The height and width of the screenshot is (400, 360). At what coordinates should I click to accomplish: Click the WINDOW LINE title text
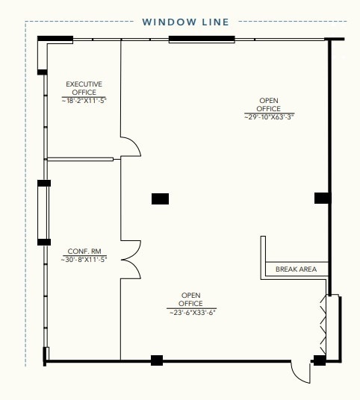click(x=186, y=22)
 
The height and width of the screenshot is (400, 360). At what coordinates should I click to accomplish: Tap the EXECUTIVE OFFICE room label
click(x=84, y=88)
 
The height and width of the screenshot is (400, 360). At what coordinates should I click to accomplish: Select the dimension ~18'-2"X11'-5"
click(x=84, y=100)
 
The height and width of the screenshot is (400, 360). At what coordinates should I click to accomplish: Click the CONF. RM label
click(x=84, y=251)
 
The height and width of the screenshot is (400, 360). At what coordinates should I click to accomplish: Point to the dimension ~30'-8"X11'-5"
click(x=84, y=260)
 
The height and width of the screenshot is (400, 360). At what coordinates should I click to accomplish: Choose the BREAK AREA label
click(x=296, y=269)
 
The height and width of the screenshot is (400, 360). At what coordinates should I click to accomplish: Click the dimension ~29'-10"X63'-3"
click(x=269, y=116)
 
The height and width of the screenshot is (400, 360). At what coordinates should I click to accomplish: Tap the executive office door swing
click(x=131, y=146)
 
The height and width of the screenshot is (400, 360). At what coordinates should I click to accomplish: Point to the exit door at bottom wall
click(x=300, y=371)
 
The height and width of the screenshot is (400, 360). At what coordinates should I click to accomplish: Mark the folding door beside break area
click(x=326, y=327)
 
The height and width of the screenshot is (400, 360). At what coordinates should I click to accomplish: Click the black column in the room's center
click(x=160, y=199)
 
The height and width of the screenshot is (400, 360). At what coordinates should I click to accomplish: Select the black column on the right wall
click(x=322, y=198)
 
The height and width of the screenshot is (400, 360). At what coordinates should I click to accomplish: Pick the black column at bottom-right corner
click(x=320, y=361)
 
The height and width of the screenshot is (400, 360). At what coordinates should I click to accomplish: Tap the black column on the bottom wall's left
click(x=157, y=361)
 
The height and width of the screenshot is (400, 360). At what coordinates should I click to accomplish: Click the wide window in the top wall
click(x=201, y=39)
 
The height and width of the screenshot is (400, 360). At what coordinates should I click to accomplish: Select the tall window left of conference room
click(x=44, y=212)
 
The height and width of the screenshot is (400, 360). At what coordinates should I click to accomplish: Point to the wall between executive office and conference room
click(x=80, y=159)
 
